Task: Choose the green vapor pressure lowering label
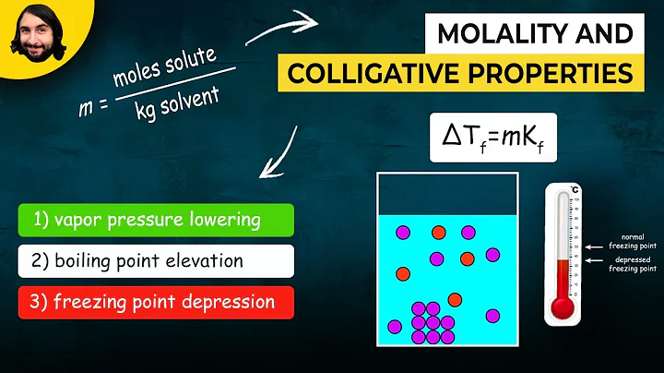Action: coord(154,222)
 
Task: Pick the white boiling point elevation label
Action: coord(154,261)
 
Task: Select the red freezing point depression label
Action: coord(154,302)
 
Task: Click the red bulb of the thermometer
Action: coord(563,308)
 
